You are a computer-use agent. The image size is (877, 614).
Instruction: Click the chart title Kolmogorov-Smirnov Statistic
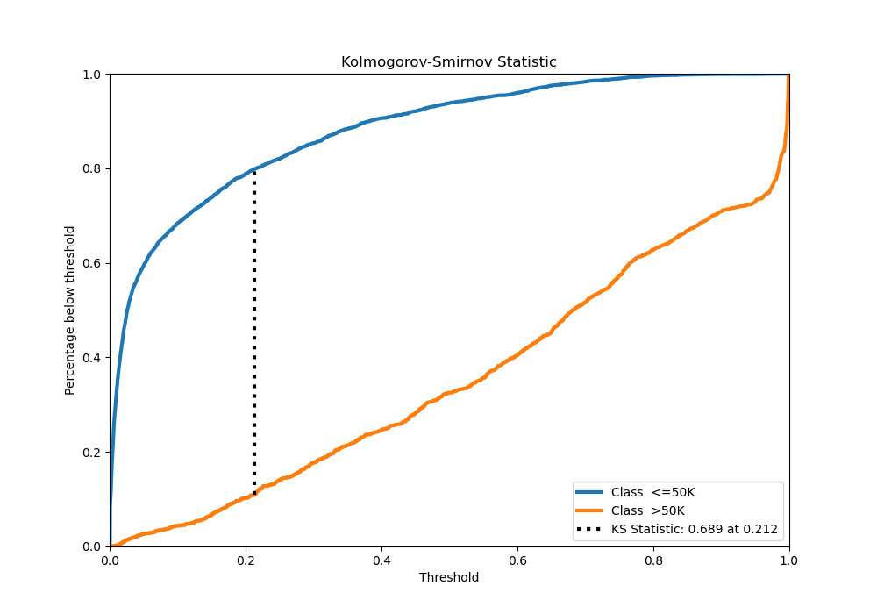(448, 62)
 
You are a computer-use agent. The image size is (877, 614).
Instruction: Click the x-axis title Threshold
(448, 577)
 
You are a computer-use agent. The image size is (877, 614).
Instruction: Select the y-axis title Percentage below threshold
(70, 311)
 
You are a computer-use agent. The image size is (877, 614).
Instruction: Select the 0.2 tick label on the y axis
(92, 452)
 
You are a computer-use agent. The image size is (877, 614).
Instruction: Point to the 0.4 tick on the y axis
(92, 357)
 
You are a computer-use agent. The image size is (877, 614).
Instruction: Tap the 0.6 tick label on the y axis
(92, 263)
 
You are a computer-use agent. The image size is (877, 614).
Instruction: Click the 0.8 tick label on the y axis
(92, 168)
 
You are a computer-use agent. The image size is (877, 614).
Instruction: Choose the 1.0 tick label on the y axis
(92, 75)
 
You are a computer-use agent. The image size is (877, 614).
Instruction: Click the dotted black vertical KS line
(254, 333)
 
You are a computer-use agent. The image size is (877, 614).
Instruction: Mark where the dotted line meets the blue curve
(254, 169)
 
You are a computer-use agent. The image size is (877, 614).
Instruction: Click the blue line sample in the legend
(589, 492)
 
